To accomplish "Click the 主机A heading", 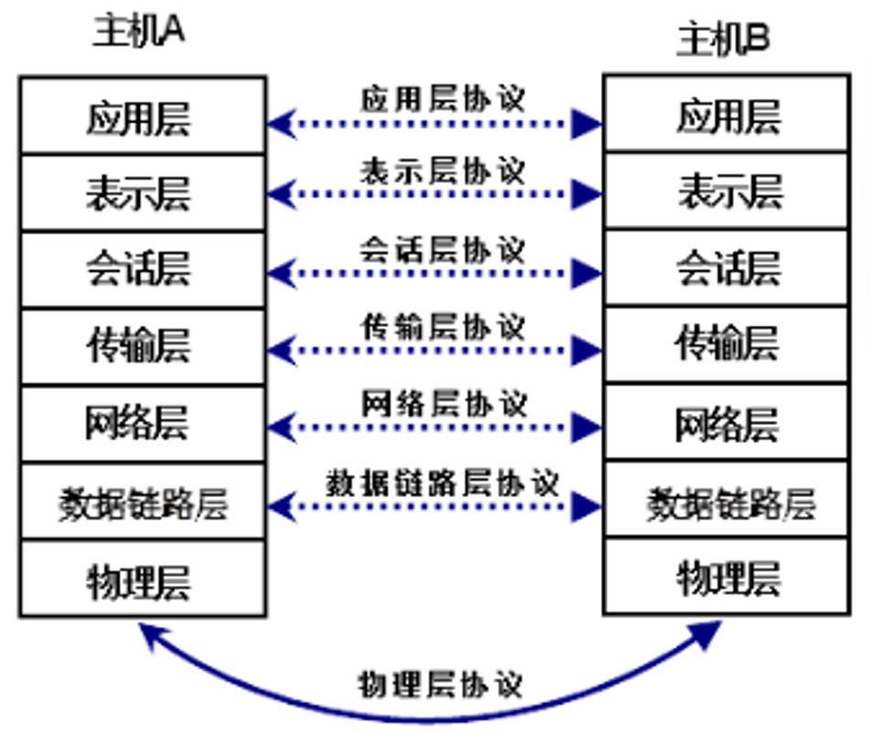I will (x=138, y=30).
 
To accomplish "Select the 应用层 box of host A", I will (x=142, y=116).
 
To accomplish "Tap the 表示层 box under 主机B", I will (x=726, y=192).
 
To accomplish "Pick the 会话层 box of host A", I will (x=142, y=270).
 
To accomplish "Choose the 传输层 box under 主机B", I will (x=726, y=345).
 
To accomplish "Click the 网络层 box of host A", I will (x=142, y=424).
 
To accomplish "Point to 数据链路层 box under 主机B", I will (x=726, y=503).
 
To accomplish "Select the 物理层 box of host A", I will (x=142, y=578).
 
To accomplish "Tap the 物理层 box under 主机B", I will (x=726, y=577).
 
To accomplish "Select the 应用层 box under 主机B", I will (x=726, y=114).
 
